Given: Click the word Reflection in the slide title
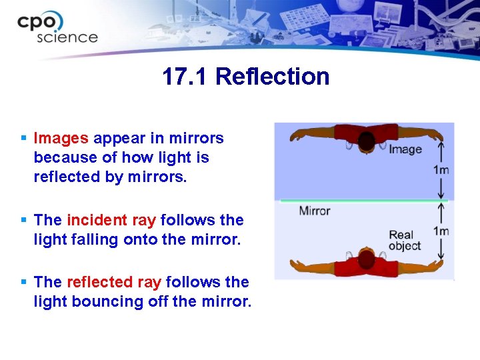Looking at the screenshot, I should [x=272, y=77].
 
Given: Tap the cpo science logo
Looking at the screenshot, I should [x=57, y=28].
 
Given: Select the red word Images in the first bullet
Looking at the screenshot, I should [x=61, y=139].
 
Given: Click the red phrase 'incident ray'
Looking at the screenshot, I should [x=112, y=220].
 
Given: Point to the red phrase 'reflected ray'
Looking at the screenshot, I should [x=114, y=282].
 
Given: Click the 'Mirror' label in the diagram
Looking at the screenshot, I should [x=315, y=211].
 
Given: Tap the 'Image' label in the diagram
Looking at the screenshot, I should [x=405, y=149].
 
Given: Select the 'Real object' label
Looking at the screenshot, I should [x=405, y=240].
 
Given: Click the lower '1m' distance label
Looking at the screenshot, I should [x=441, y=231].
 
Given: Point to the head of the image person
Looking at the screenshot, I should [x=367, y=141].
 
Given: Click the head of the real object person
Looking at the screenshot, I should [x=367, y=257].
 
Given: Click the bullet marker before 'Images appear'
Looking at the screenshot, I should [x=23, y=139].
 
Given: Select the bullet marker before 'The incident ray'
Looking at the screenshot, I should [x=23, y=220].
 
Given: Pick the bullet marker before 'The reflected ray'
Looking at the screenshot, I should [x=23, y=282].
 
